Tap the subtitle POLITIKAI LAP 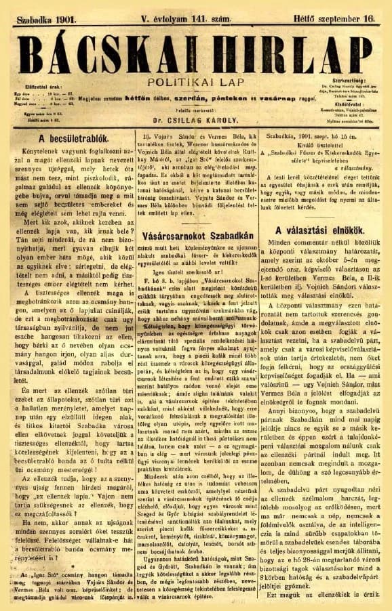tap(197, 81)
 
